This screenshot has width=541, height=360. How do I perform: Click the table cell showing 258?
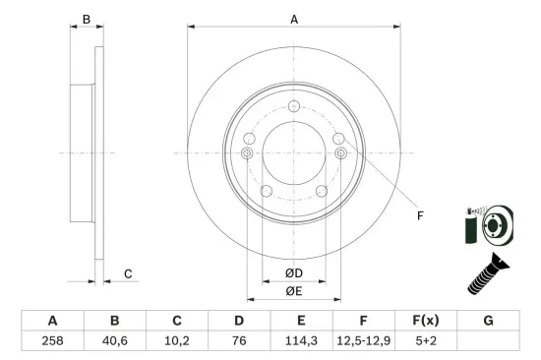pos(52,341)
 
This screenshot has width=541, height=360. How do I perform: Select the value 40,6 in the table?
pos(114,341)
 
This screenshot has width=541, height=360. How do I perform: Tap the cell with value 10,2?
pos(177,341)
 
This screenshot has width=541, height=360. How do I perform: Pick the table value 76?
pos(239,341)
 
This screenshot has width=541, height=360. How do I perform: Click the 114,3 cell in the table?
pos(301,341)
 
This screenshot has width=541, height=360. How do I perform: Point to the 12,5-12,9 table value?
pos(363,341)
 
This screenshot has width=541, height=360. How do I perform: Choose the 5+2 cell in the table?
pos(426,341)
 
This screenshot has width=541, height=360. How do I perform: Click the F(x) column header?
pos(426,321)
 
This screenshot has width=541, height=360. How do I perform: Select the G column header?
pos(488,321)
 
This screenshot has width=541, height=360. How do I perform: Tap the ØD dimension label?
pos(294,273)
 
